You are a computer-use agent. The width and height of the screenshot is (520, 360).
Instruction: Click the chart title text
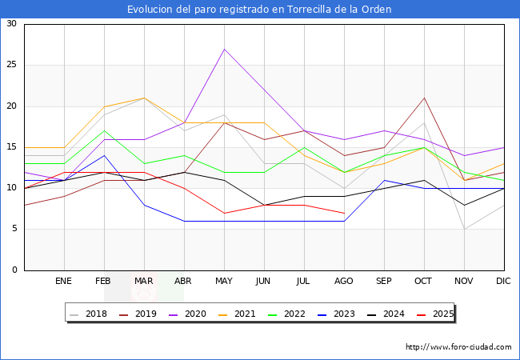[x=259, y=10]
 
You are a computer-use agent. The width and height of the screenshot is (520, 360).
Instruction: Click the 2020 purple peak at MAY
[x=224, y=49]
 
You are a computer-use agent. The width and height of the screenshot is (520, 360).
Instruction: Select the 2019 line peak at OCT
[x=424, y=98]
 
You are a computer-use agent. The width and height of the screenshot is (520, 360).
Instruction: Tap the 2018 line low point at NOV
[x=464, y=229]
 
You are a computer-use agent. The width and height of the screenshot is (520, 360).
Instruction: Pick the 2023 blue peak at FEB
[x=104, y=155]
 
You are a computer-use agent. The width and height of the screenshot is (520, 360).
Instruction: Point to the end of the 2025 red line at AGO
[x=344, y=213]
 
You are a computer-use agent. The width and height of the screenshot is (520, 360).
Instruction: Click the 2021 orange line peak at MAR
[x=144, y=98]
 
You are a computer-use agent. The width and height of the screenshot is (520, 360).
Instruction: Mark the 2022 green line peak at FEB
[x=104, y=130]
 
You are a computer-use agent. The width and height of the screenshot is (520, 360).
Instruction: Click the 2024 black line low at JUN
[x=264, y=205]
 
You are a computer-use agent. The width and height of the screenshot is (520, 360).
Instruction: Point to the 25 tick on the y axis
[x=11, y=65]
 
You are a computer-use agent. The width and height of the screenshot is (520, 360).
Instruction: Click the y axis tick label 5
[x=14, y=229]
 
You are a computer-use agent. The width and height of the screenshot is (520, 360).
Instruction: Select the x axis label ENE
[x=64, y=282]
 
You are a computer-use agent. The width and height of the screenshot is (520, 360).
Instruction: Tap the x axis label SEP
[x=384, y=282]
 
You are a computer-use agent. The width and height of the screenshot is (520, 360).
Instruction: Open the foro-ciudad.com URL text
[x=458, y=347]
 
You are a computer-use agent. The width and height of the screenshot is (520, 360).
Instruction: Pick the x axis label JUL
[x=304, y=282]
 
